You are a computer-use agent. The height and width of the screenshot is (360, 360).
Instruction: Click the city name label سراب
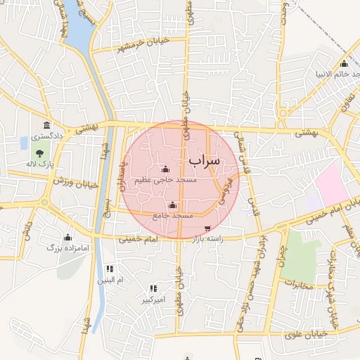(204, 160)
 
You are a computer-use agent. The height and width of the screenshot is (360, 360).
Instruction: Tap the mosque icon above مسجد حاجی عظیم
(165, 169)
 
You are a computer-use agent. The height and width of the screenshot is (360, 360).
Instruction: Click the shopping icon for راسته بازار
(207, 229)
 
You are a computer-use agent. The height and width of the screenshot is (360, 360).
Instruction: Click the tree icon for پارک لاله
(39, 153)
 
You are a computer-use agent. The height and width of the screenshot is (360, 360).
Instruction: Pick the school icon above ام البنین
(109, 269)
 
